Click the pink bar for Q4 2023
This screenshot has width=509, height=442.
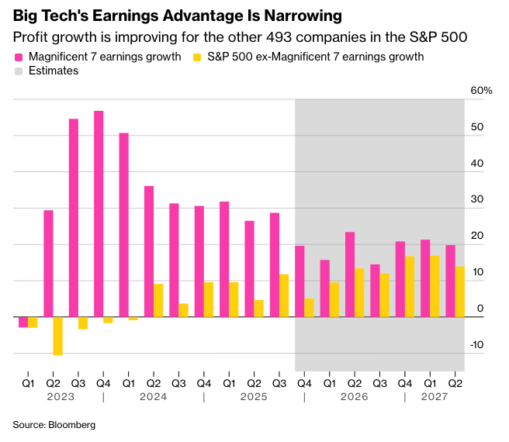pos(99,214)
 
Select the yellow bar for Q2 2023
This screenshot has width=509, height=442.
pos(57,336)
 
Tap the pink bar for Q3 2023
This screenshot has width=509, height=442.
pos(74,218)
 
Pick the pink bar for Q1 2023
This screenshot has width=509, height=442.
pos(23,322)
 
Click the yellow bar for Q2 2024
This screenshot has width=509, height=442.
pos(158,300)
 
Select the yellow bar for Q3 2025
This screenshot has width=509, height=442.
pos(284,295)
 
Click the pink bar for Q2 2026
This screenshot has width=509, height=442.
pos(350,275)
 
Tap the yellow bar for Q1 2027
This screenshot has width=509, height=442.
pos(435,286)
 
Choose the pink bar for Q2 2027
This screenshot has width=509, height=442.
pos(450,281)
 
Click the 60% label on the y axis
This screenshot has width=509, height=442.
pos(481,91)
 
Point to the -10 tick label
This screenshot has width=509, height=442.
pos(477,345)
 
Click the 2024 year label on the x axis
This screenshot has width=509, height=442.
pos(154,397)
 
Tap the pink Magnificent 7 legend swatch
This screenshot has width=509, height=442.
pos(19,57)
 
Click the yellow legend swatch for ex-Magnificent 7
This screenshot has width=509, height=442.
pos(197,57)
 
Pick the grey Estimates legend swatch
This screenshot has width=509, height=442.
pos(19,71)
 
